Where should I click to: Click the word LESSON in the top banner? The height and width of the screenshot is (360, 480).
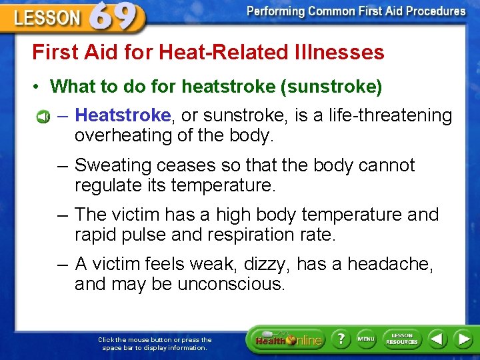pos(47,18)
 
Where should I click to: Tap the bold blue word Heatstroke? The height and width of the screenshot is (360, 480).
pos(123,116)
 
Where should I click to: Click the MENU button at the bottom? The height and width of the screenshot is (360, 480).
pos(366,339)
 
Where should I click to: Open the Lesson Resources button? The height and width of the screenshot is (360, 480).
pos(402,339)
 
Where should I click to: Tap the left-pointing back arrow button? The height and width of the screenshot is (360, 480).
pos(437,339)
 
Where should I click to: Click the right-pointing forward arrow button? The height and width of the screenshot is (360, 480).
pos(463,339)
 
